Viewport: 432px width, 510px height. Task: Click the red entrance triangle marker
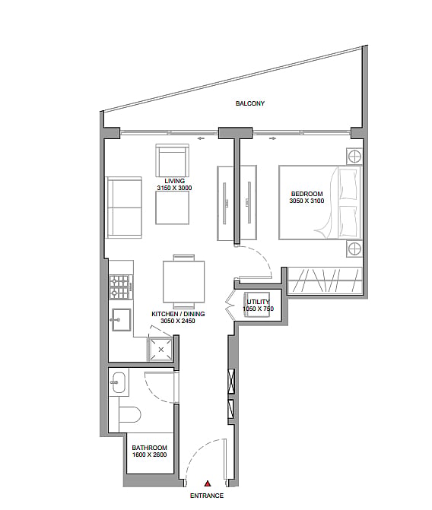[x=207, y=483]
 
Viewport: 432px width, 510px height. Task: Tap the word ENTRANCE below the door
[x=207, y=496]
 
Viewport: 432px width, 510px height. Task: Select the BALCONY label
[x=250, y=103]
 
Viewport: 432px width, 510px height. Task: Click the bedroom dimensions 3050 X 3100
[x=307, y=201]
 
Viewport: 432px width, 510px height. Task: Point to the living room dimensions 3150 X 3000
[x=174, y=188]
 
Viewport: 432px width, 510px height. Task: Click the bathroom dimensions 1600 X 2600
[x=149, y=455]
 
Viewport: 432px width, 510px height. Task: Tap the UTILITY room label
[x=258, y=302]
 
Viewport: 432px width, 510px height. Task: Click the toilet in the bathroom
[x=129, y=413]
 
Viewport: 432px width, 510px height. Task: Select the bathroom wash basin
[x=118, y=382]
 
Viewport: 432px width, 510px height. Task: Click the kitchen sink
[x=122, y=320]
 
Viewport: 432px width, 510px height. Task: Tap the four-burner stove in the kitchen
[x=121, y=287]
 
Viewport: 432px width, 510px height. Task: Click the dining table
[x=184, y=282]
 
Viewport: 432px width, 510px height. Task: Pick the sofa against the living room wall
[x=124, y=207]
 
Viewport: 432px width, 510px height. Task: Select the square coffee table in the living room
[x=172, y=207]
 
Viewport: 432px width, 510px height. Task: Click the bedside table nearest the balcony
[x=354, y=157]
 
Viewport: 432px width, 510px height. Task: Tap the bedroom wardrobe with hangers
[x=325, y=280]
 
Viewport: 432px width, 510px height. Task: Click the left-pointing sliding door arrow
[x=200, y=138]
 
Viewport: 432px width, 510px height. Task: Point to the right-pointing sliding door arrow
[x=273, y=138]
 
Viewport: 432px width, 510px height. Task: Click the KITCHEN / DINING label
[x=178, y=314]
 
